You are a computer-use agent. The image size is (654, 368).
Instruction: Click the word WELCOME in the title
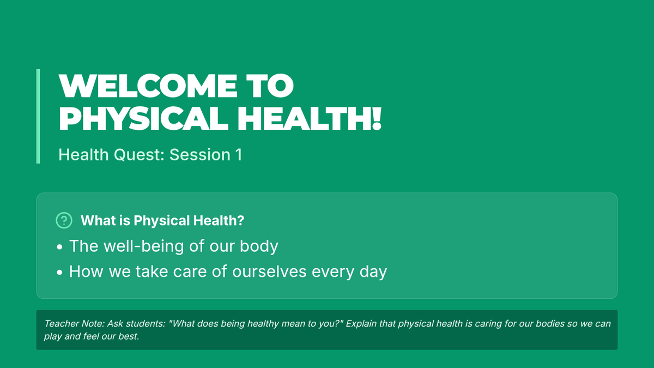tap(148, 86)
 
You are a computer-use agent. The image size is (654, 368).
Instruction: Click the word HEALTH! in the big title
tap(310, 119)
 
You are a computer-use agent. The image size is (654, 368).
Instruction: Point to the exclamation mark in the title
tap(377, 119)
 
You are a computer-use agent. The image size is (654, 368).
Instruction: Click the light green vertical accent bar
tap(38, 116)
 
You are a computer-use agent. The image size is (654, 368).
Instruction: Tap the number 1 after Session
tap(239, 154)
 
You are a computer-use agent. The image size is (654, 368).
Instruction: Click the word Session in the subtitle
tap(200, 154)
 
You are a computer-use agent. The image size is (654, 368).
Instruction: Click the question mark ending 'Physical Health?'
tap(241, 220)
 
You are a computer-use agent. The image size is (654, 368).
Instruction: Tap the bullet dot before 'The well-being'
tap(59, 247)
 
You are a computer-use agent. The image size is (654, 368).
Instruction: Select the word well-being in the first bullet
tap(144, 246)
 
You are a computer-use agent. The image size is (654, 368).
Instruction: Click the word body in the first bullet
tap(259, 246)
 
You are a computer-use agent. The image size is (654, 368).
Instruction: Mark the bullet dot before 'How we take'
tap(59, 273)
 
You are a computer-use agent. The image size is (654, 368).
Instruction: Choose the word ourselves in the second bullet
tap(269, 272)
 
